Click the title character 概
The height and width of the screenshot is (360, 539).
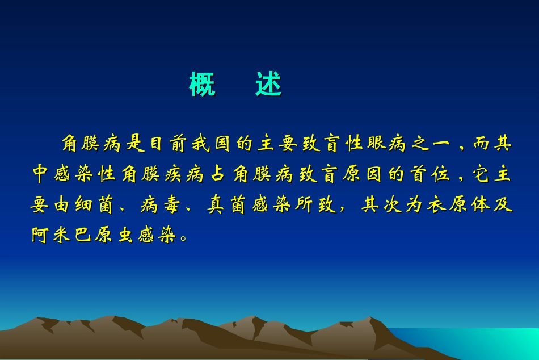[x=202, y=85]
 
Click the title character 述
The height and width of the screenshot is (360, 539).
[x=268, y=85]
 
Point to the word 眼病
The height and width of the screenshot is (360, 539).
[x=387, y=144]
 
